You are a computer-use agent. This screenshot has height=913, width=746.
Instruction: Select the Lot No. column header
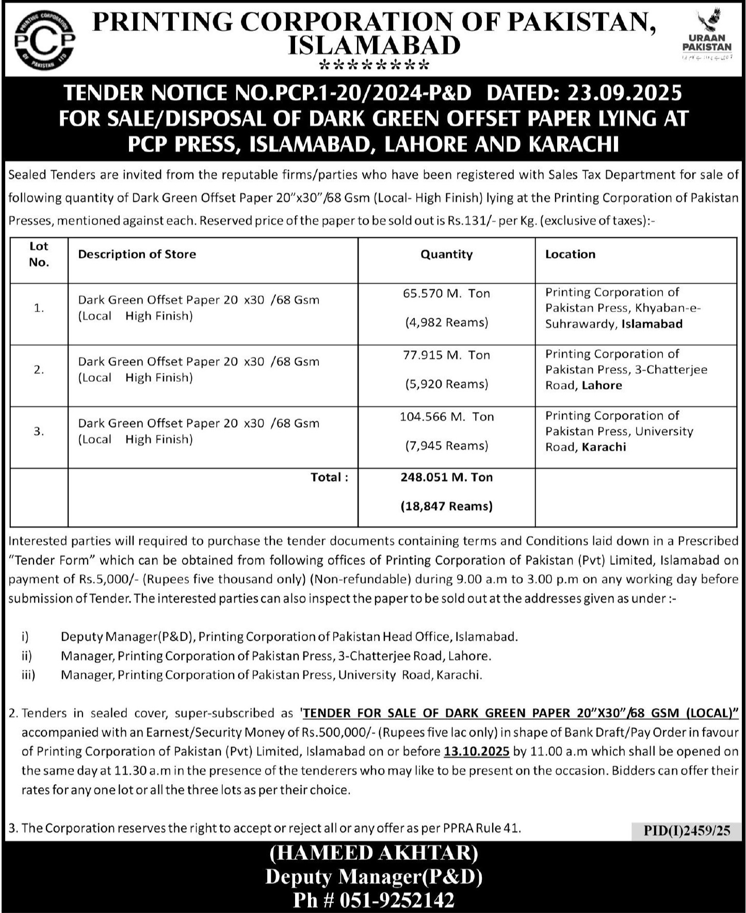tap(39, 254)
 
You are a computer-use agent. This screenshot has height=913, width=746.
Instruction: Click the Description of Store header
tap(137, 254)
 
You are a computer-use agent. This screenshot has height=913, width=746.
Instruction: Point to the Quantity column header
tap(446, 254)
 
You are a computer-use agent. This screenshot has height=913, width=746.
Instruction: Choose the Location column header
tap(570, 254)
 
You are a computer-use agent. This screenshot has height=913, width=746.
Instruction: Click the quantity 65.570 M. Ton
tap(446, 294)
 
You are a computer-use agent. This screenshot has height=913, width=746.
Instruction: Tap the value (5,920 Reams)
tap(446, 384)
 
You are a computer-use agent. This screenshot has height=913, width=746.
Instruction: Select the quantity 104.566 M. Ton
tap(446, 417)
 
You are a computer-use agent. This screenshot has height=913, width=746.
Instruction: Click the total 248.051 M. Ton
tap(446, 478)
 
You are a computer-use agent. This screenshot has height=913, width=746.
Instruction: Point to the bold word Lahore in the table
tap(602, 385)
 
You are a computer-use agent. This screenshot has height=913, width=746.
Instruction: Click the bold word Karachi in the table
tap(604, 447)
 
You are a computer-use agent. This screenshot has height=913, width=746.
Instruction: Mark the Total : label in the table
tap(329, 478)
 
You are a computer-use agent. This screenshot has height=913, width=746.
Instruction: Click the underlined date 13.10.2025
tap(476, 752)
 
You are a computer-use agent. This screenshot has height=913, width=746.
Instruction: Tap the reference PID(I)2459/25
tap(687, 830)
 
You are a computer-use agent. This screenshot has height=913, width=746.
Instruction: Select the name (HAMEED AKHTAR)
tap(374, 853)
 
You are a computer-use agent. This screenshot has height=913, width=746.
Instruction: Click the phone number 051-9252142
tap(397, 900)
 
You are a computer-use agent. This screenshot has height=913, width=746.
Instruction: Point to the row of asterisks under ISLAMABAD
tap(374, 66)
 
